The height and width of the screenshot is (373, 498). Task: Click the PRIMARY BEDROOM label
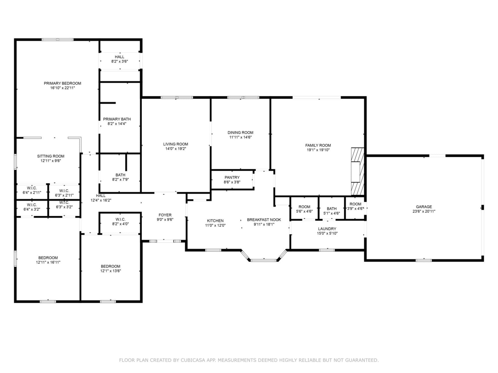coord(62,83)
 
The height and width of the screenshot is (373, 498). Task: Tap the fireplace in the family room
coord(357,172)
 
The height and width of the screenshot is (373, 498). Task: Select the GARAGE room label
coord(424,207)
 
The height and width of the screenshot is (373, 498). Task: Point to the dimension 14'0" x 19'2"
coord(176,149)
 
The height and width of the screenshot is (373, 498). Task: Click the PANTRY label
coord(232,178)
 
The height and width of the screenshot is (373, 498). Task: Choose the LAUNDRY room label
coord(327,229)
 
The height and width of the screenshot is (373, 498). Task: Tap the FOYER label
coord(165,215)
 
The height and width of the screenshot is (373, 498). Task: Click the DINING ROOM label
coord(241,133)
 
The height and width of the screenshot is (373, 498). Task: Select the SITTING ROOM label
coord(51,156)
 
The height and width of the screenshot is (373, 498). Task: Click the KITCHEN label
coord(215,221)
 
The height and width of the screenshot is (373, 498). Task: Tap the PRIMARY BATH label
coord(117,119)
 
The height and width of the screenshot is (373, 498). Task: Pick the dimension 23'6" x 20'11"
coord(424,211)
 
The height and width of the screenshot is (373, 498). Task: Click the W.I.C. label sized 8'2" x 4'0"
coord(120,219)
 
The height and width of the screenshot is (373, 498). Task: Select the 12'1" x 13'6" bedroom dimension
coord(111,271)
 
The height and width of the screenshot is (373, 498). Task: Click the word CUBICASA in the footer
coord(193,360)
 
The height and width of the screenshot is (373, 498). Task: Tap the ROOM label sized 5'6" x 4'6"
coord(304,207)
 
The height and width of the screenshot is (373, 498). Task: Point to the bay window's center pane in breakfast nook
coord(264,261)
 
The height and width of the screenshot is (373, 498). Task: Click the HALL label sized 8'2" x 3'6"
coord(120,57)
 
